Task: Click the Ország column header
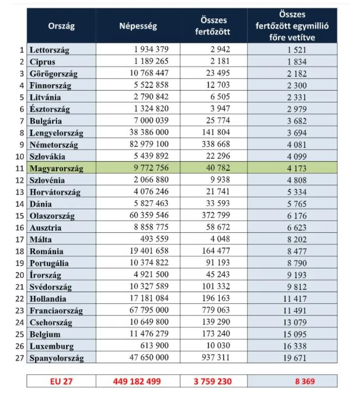[61, 26]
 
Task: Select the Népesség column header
[138, 26]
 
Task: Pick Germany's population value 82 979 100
[149, 145]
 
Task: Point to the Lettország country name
[49, 50]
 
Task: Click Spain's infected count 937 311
[216, 358]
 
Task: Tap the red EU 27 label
[61, 381]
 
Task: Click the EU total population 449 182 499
[138, 381]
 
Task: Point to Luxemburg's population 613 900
[155, 346]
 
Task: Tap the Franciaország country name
[56, 310]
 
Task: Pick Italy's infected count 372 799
[216, 216]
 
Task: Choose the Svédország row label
[51, 287]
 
